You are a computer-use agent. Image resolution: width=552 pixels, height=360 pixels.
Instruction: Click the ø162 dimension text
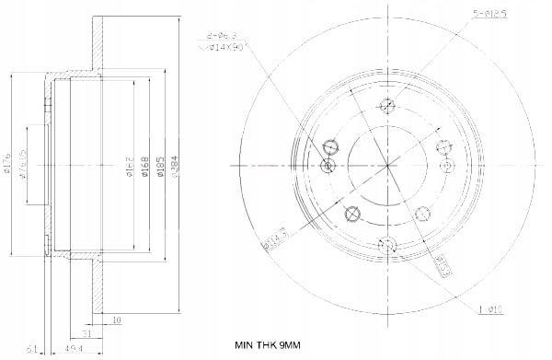point(131,165)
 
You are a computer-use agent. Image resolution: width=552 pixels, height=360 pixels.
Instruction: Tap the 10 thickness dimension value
point(116,320)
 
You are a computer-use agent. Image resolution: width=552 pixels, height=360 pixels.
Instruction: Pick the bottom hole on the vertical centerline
point(387,244)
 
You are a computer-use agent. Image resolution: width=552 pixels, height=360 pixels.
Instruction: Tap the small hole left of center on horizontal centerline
point(328,164)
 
